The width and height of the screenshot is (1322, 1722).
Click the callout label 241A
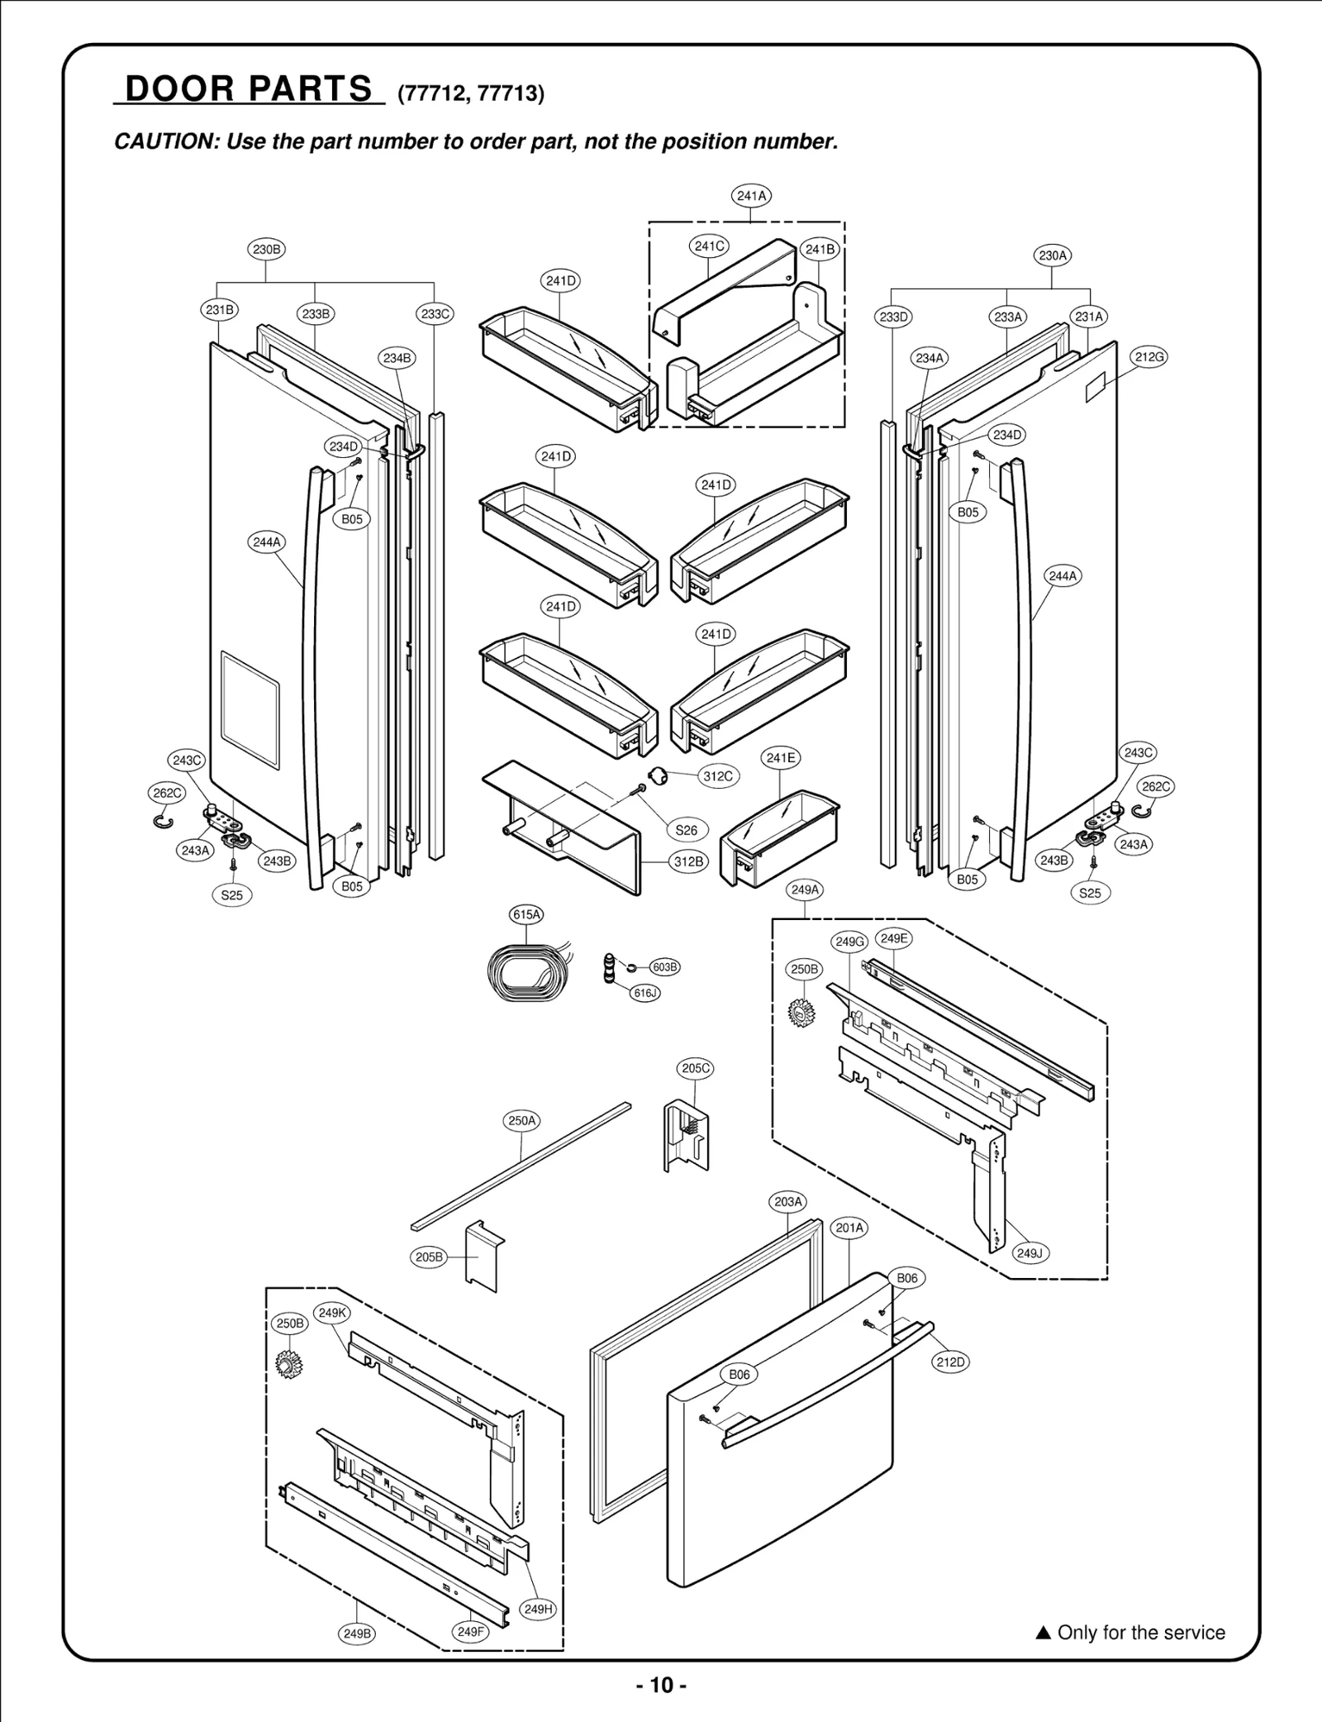point(751,196)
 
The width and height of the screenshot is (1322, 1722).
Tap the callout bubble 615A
point(526,914)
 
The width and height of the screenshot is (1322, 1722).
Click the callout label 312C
point(717,776)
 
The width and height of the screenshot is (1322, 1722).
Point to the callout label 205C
point(696,1068)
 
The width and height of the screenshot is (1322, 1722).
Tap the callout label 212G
point(1148,357)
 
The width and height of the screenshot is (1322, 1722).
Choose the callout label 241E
point(781,758)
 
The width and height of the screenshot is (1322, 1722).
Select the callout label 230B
point(266,249)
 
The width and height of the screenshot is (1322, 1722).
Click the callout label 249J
point(1030,1253)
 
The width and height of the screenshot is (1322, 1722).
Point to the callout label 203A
point(787,1201)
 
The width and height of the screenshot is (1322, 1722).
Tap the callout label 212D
point(950,1362)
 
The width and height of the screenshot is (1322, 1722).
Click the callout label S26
point(687,830)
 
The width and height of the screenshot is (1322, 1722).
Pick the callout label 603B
point(664,967)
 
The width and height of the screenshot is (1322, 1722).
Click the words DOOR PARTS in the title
point(249,88)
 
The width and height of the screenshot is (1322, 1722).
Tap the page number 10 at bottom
point(661,1685)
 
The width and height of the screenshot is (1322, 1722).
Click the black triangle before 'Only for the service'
point(1043,1634)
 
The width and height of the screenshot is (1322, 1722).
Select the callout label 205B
point(429,1257)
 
